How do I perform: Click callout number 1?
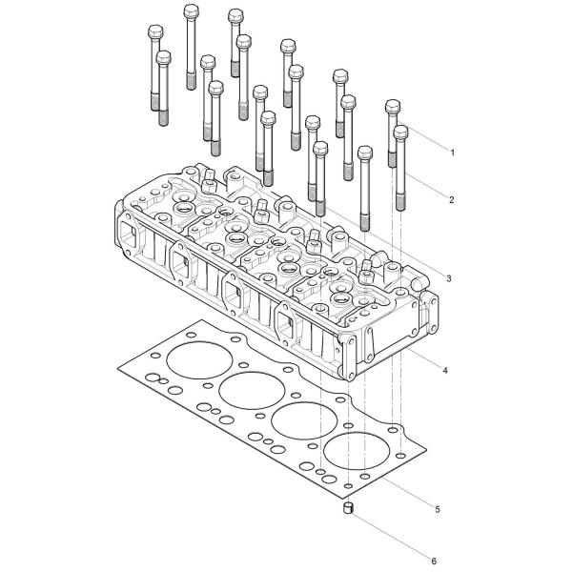[452, 153]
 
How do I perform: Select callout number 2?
[452, 199]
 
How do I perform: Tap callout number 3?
[449, 278]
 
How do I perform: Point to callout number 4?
[445, 370]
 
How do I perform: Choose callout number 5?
[438, 509]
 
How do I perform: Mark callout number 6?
[434, 561]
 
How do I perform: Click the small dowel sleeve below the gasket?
[349, 507]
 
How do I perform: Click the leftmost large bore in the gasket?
[199, 360]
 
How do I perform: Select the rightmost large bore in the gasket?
[357, 451]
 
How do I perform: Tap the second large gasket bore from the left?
[252, 391]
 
